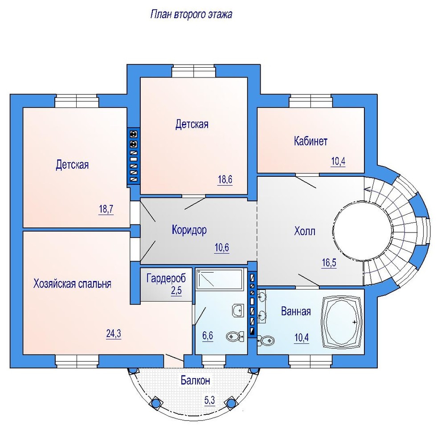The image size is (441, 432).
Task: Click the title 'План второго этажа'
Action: coord(191,15)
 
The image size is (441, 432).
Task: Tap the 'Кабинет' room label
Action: coord(310,141)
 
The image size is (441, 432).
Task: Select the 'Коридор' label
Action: coord(189,230)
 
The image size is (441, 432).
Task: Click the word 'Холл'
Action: coord(305,231)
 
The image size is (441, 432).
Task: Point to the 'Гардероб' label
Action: coord(166,278)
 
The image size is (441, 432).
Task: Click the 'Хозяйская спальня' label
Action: coord(72,284)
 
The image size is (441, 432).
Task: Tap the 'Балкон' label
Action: coord(195,380)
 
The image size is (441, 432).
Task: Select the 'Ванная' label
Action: coord(296,311)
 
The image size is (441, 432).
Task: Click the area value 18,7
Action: coord(106,209)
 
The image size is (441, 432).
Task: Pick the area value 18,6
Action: coord(225,179)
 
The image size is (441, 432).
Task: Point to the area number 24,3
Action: coord(114,334)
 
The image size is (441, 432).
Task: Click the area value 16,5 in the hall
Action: coord(329,263)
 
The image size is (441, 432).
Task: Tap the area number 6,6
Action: coord(208,336)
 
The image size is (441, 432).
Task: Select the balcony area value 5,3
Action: coord(209,400)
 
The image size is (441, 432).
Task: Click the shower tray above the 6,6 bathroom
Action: coord(219,279)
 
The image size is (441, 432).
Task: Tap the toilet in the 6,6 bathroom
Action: coord(235,336)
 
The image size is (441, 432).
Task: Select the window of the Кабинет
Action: coord(311,102)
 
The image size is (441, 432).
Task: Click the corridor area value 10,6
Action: coord(222,248)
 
